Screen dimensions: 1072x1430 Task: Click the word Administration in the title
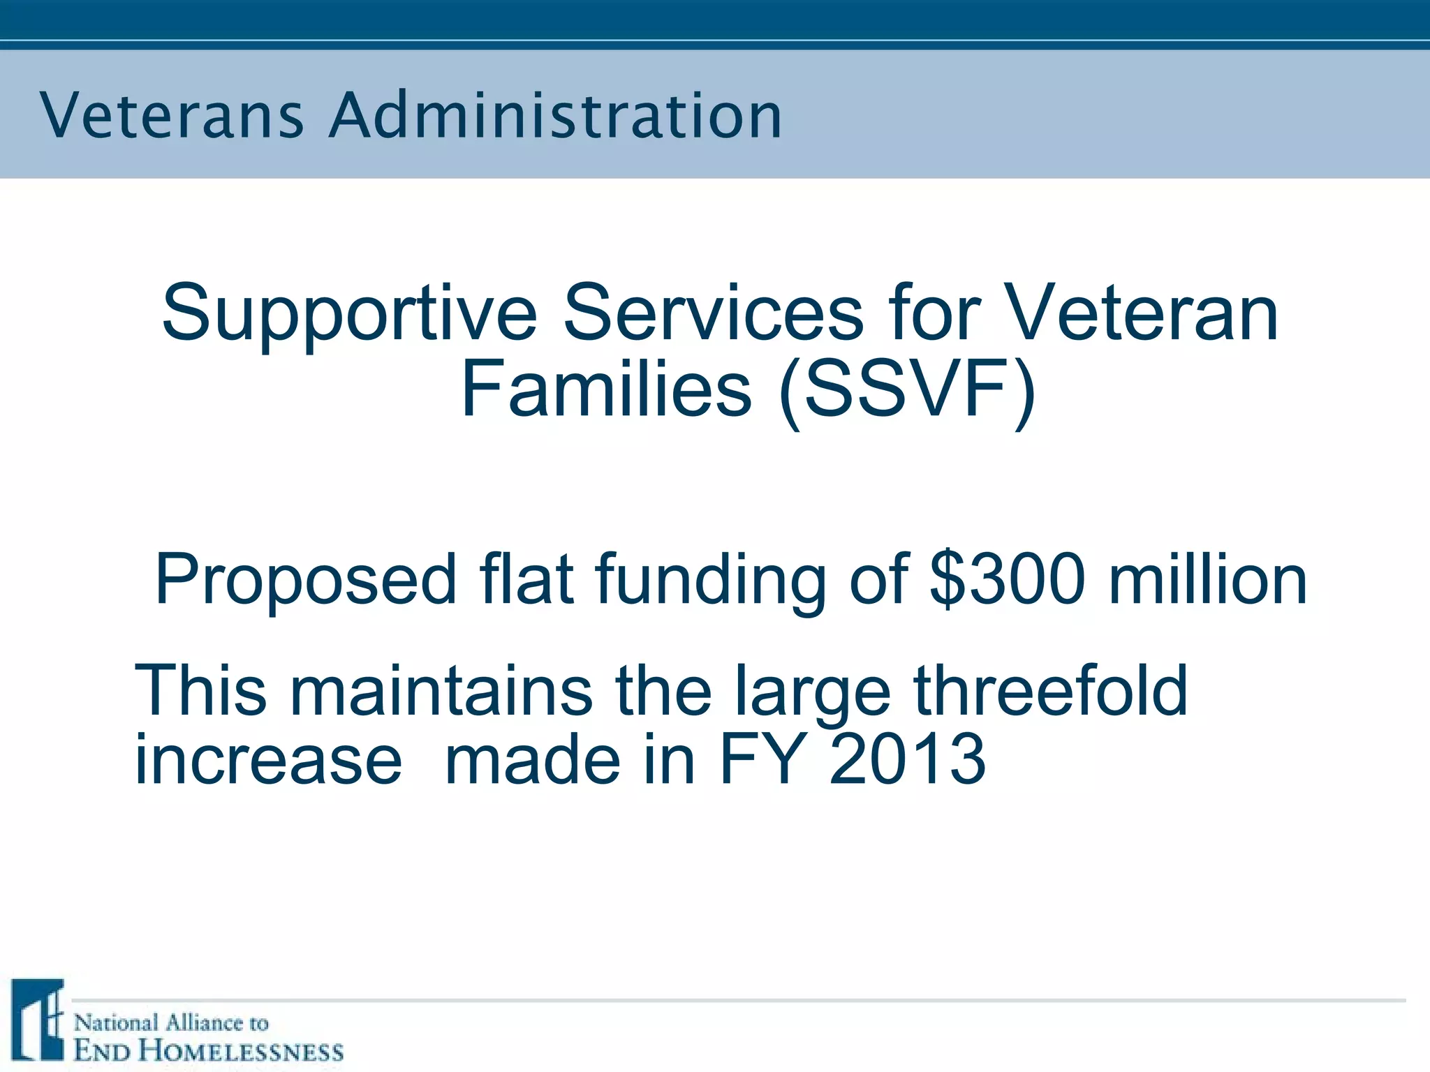556,116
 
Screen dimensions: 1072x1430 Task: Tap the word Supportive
349,314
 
